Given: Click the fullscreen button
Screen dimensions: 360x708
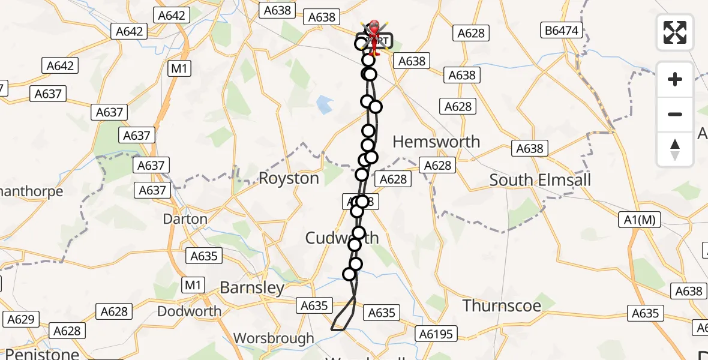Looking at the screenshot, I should [x=675, y=32].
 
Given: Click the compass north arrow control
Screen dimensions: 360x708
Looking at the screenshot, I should [x=675, y=149].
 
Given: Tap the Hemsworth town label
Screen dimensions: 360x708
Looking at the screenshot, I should [x=436, y=142].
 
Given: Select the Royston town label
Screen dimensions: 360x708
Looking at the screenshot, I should [x=289, y=178].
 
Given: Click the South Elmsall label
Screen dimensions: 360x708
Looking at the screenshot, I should [x=540, y=179].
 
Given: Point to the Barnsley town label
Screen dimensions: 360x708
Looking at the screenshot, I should [x=252, y=287].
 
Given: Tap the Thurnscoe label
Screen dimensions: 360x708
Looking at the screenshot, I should [x=502, y=305].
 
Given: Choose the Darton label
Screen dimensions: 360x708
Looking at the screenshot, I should [x=185, y=219].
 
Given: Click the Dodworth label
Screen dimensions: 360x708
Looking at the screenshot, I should [x=189, y=311].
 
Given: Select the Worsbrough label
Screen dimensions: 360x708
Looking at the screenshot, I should [x=274, y=338].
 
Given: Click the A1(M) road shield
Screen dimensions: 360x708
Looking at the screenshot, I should [x=640, y=220].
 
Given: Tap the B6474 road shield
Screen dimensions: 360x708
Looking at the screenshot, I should [x=562, y=29].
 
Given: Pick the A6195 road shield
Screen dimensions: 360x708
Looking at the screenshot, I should [x=437, y=334].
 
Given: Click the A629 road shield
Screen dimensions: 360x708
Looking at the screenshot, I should [x=21, y=319].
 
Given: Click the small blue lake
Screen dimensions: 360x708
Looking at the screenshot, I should [x=324, y=105].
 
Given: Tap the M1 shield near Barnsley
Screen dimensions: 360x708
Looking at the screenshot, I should [x=193, y=285].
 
